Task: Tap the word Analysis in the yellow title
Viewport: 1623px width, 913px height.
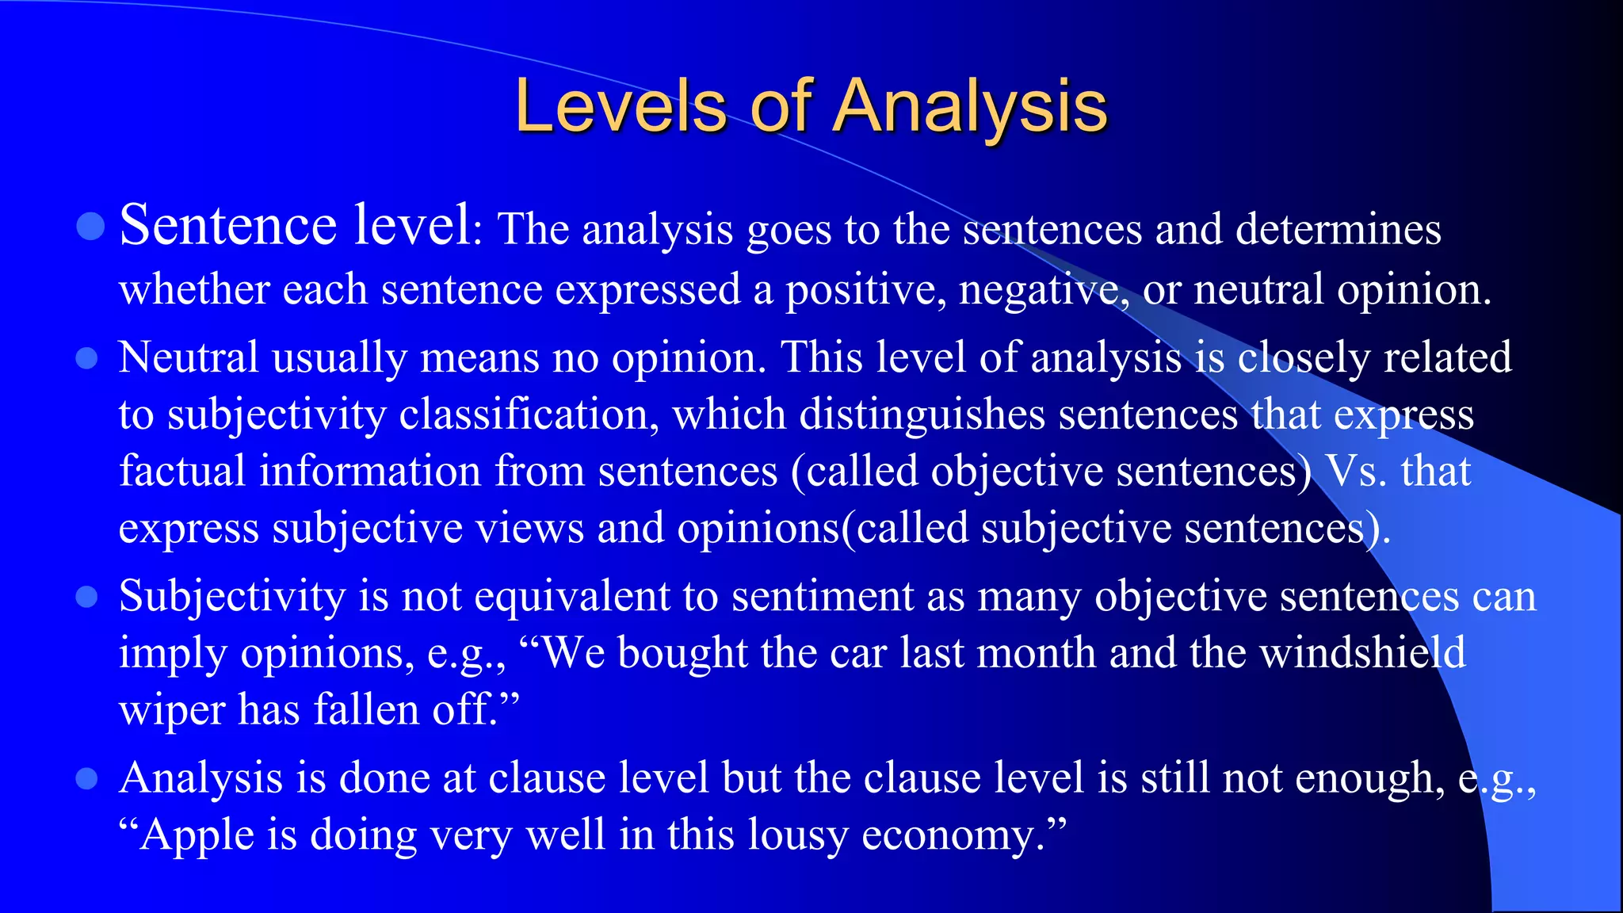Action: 970,106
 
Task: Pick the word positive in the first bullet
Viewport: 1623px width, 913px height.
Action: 865,289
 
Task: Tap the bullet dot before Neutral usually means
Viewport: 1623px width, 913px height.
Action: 86,359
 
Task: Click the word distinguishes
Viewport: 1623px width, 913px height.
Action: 922,414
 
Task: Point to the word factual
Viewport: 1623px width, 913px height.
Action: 182,471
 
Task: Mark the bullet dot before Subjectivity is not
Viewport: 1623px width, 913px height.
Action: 86,597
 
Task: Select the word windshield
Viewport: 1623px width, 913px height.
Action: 1362,653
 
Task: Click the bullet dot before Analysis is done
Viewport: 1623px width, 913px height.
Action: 86,778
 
